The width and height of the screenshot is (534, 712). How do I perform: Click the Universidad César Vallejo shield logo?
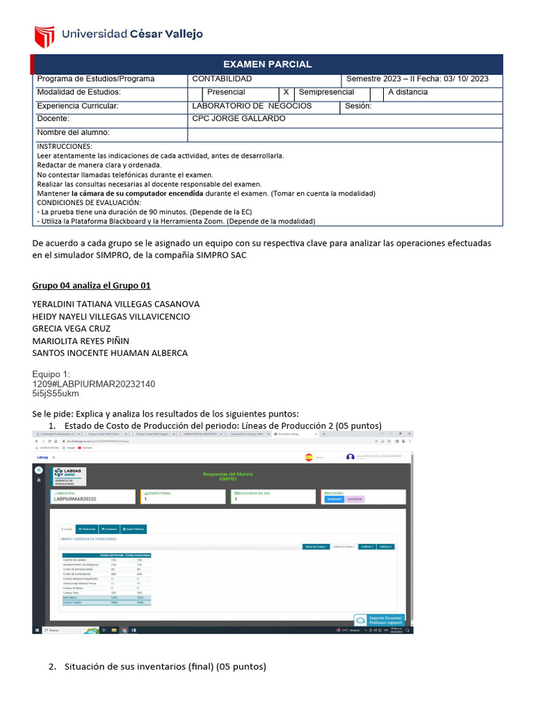click(44, 34)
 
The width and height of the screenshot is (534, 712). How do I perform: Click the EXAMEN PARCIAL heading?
click(267, 64)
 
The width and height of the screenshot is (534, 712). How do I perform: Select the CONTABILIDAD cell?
click(222, 79)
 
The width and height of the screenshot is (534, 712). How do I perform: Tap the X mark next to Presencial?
click(285, 92)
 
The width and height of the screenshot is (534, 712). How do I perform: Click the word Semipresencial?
click(326, 92)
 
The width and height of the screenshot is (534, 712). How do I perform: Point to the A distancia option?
click(407, 92)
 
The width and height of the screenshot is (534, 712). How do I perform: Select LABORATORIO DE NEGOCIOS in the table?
click(252, 106)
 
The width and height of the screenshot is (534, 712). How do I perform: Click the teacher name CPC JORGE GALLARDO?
click(238, 119)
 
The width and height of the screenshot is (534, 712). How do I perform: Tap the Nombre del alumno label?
click(73, 132)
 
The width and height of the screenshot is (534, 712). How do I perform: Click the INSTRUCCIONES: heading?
click(64, 147)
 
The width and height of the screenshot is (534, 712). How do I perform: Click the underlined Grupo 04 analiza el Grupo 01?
click(91, 286)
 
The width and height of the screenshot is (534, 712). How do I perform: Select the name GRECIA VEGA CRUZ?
click(72, 328)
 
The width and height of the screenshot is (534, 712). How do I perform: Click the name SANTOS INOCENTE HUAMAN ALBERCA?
click(110, 353)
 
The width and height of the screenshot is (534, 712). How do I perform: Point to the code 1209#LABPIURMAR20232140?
click(94, 383)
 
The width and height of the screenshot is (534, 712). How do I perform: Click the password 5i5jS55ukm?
click(56, 393)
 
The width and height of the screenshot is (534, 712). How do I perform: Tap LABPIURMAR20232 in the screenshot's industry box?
click(75, 499)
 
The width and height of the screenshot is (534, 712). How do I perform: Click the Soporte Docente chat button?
click(380, 619)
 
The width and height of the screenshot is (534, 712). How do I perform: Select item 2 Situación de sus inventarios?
click(165, 666)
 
